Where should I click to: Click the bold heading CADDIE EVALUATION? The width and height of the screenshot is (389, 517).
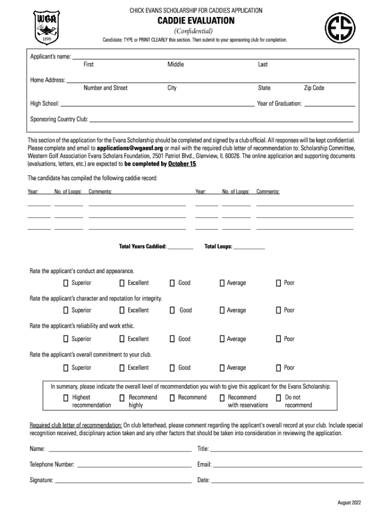(x=196, y=21)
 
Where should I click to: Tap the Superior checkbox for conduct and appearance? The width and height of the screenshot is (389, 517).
(x=66, y=283)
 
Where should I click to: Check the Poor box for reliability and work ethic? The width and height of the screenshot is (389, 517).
(x=278, y=339)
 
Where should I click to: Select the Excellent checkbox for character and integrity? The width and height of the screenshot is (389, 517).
(x=122, y=310)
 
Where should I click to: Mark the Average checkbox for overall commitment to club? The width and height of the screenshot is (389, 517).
(x=222, y=368)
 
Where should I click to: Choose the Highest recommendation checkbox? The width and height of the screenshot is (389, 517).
(x=66, y=398)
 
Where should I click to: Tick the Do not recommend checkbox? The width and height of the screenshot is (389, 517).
(x=278, y=398)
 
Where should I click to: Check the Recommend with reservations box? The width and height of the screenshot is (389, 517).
(x=222, y=398)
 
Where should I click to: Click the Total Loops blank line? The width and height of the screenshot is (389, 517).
(x=249, y=248)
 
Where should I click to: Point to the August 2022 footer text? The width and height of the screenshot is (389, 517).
(x=349, y=502)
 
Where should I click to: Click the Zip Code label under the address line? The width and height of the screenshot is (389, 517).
(x=314, y=88)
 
